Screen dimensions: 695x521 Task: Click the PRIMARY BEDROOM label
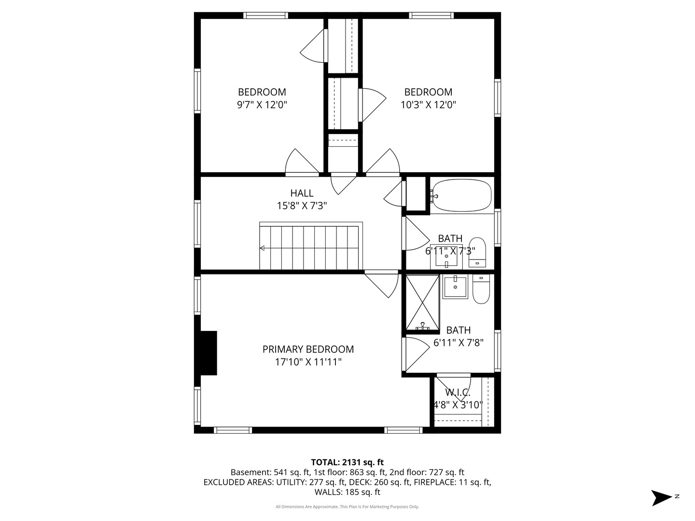(x=308, y=349)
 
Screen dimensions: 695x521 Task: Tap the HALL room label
(x=302, y=193)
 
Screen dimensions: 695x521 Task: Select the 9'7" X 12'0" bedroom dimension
(x=262, y=104)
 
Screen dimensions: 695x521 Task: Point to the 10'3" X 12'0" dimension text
(x=428, y=104)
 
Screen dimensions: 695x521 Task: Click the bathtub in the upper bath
(x=462, y=195)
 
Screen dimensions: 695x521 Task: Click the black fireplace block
(x=208, y=353)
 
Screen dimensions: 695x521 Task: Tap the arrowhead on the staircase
(x=262, y=248)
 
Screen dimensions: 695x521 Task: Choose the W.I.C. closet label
(x=458, y=393)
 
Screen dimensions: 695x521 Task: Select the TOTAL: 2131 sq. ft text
(x=347, y=463)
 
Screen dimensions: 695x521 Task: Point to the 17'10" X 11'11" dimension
(x=308, y=362)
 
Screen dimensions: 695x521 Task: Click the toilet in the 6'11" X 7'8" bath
(x=481, y=289)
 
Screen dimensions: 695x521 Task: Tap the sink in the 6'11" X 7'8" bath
(x=455, y=287)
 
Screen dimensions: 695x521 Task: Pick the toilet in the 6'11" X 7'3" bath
(x=477, y=252)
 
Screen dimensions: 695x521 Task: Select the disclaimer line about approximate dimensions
(x=347, y=507)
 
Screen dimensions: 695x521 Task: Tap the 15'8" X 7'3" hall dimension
(x=302, y=206)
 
